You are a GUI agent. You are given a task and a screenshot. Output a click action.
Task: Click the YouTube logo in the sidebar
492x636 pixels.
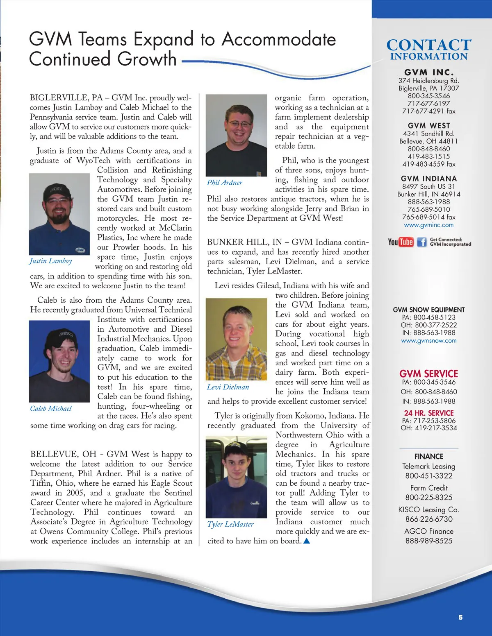coord(401,242)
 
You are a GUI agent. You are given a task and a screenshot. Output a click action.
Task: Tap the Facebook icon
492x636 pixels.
coord(421,242)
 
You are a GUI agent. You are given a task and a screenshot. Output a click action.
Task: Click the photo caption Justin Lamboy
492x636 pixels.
coord(51,261)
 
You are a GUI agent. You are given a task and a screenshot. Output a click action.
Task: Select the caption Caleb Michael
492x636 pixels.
coord(51,409)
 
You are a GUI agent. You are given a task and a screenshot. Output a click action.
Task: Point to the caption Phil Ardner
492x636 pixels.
coord(224,183)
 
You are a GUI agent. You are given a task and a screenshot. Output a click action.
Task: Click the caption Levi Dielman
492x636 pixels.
coord(228,387)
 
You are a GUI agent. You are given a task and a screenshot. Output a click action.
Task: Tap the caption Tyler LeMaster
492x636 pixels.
coord(230,524)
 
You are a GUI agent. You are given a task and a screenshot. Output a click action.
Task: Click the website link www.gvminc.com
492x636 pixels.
coord(428,225)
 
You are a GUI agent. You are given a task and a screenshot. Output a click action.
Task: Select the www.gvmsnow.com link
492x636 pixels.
coord(428,341)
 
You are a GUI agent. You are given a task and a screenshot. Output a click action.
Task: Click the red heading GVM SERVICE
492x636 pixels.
coord(428,373)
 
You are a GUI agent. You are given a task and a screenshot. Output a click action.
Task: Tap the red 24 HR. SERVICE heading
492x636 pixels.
coord(428,413)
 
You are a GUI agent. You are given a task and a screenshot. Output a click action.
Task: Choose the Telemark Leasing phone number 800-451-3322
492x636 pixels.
coord(428,476)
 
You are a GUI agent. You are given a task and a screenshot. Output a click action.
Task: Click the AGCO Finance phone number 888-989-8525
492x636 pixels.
coord(428,541)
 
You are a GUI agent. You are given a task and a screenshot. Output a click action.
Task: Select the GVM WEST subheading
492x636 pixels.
coord(428,126)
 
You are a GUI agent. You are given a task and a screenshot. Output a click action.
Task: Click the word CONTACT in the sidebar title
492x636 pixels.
coord(428,45)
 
